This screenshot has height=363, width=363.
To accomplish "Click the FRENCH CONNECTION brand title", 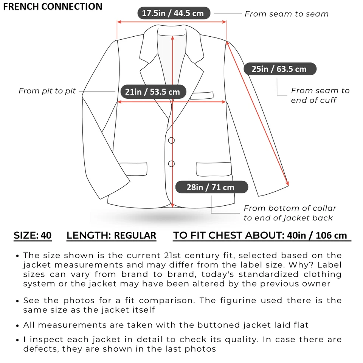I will coord(53,6).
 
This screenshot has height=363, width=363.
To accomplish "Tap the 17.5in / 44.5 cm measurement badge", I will coord(173,14).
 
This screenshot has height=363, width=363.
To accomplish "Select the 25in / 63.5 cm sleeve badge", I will coord(279,69).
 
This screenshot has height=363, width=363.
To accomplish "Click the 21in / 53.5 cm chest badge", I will coord(152,92).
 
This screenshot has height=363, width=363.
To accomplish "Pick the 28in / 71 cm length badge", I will coord(210,187).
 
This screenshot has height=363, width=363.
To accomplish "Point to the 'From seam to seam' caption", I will coord(286,14).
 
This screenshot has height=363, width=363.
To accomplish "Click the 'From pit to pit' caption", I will coord(47,91).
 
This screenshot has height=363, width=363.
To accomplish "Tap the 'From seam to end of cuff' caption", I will coord(320,95).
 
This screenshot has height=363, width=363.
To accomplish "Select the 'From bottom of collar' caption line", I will coord(290,208).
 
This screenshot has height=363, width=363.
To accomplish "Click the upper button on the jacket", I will coord(171,140).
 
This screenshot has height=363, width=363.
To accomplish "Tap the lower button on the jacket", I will coord(171,164).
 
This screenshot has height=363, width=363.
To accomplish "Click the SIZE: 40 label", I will coord(33,236).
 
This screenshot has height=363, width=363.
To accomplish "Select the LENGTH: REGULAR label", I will coord(111,236).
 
